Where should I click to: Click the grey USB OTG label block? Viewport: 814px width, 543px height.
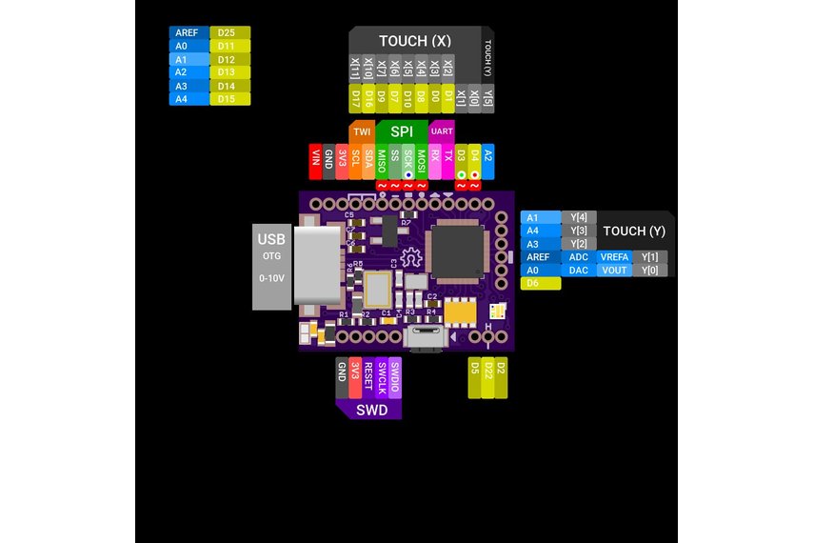click(271, 266)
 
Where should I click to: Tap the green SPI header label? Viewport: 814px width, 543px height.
click(401, 130)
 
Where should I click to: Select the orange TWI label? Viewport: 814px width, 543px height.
click(362, 131)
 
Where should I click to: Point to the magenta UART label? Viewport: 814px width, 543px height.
click(442, 131)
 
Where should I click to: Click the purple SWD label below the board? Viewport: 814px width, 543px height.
click(371, 411)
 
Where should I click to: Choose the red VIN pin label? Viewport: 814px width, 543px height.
click(316, 160)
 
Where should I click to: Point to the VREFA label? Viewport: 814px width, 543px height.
click(612, 257)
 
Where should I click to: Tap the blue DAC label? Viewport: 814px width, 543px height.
click(578, 271)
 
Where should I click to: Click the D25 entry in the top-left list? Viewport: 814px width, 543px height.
click(228, 32)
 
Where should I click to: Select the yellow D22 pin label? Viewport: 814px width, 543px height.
click(488, 377)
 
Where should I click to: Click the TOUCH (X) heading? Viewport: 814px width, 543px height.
click(415, 41)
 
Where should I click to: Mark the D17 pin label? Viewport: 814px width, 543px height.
click(355, 98)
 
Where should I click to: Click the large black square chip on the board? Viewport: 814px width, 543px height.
click(459, 250)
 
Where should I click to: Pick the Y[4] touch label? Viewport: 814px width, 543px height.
click(578, 217)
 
